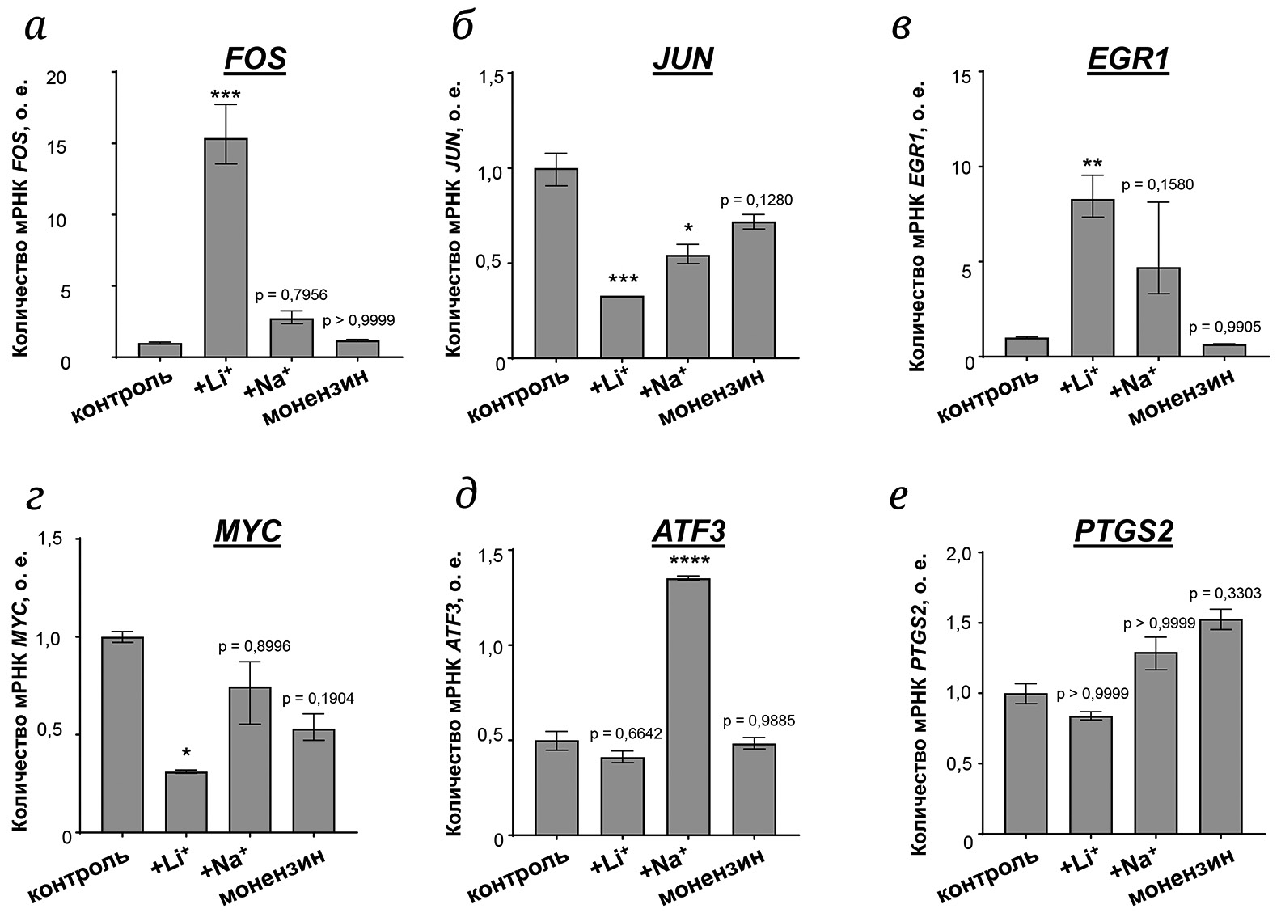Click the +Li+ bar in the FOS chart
pos(226,247)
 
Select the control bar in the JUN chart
pos(556,263)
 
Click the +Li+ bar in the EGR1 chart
pos(1093,278)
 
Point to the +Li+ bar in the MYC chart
pos(186,801)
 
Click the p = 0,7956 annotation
pos(291,296)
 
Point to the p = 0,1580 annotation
pos(1157,185)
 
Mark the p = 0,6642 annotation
pos(626,734)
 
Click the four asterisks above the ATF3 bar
pos(688,561)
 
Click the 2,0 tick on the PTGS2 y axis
pos(968,553)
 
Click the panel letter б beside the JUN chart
pos(462,27)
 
